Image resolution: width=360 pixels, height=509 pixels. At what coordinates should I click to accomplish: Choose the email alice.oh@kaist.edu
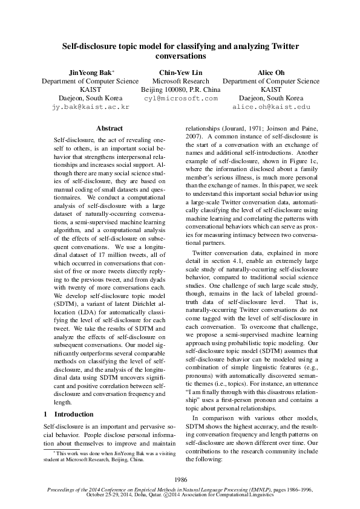[271, 106]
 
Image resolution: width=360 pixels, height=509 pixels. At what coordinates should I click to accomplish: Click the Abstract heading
[110, 128]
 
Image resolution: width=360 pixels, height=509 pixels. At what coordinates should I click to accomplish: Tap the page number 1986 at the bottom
[180, 478]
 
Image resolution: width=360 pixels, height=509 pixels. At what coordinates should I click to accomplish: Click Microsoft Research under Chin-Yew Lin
[180, 81]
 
